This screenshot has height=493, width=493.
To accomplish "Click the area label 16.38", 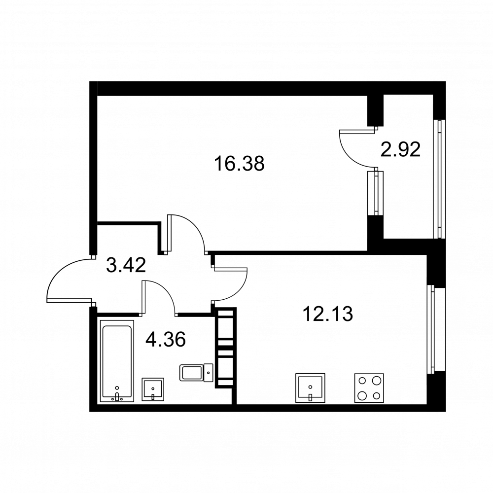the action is pyautogui.click(x=239, y=164).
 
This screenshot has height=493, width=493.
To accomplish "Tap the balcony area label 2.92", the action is pyautogui.click(x=400, y=150).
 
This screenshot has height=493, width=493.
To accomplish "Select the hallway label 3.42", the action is pyautogui.click(x=126, y=265).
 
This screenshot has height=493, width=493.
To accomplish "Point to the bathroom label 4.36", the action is pyautogui.click(x=166, y=340).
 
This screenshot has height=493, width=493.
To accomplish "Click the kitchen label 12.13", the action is pyautogui.click(x=328, y=314).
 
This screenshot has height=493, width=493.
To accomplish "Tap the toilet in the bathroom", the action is pyautogui.click(x=196, y=373).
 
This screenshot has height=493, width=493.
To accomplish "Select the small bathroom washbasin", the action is pyautogui.click(x=153, y=389).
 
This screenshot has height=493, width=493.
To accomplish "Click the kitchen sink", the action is pyautogui.click(x=310, y=388).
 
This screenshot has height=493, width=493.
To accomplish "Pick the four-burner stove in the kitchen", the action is pyautogui.click(x=369, y=388).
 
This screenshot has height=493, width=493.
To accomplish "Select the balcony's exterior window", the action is pyautogui.click(x=439, y=179).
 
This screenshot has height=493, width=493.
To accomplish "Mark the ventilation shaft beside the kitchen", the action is pyautogui.click(x=225, y=348).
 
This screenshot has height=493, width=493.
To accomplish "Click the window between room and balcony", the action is pyautogui.click(x=375, y=193).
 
